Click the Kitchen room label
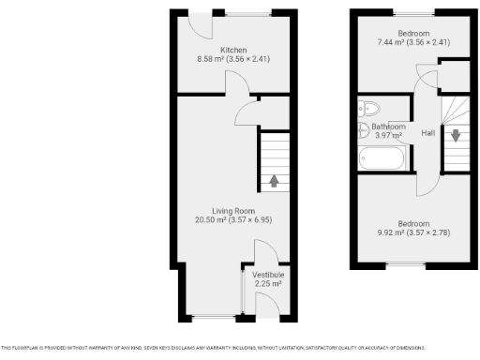pyautogui.click(x=233, y=50)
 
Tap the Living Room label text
pyautogui.click(x=233, y=211)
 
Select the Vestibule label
pyautogui.click(x=268, y=274)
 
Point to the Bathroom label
pyautogui.click(x=388, y=126)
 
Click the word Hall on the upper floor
pyautogui.click(x=427, y=132)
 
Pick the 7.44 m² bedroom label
pyautogui.click(x=402, y=33)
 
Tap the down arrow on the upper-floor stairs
pyautogui.click(x=455, y=134)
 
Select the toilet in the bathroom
pyautogui.click(x=367, y=107)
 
